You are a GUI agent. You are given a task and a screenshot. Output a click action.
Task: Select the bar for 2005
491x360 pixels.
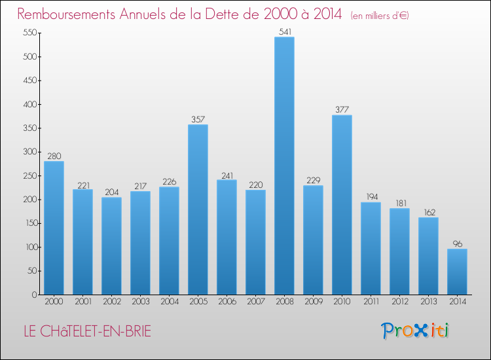click(x=198, y=209)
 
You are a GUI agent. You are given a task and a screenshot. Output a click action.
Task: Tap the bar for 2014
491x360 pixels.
click(x=457, y=271)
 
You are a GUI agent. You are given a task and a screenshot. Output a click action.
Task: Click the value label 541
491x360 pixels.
click(x=284, y=31)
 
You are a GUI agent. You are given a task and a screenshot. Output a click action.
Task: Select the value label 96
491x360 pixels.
click(x=457, y=243)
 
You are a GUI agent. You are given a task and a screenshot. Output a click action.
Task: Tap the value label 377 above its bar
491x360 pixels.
click(x=342, y=110)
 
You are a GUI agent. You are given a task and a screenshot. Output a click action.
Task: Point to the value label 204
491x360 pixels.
click(x=111, y=192)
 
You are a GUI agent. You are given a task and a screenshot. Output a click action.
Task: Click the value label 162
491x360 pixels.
click(x=428, y=212)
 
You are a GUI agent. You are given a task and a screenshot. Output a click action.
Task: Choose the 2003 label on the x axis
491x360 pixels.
click(x=140, y=302)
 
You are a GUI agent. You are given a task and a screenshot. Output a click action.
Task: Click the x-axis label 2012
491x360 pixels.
click(x=399, y=302)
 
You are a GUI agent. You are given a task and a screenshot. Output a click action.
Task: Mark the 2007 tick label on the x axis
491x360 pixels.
click(x=255, y=302)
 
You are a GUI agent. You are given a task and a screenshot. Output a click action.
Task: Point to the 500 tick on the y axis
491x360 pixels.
click(x=29, y=57)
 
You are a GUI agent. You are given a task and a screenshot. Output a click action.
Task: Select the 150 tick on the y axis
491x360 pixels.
click(x=29, y=223)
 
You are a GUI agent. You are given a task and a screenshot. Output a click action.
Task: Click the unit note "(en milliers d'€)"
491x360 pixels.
click(x=380, y=16)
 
